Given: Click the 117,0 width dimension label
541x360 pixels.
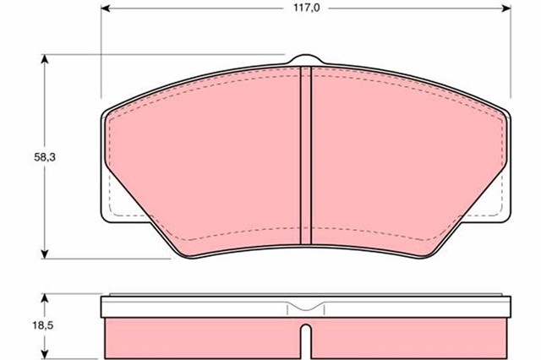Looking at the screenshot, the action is [x=307, y=8].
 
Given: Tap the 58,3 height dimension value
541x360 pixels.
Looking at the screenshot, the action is [x=45, y=157].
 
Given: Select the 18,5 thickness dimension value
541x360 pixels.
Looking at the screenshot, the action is [x=44, y=325].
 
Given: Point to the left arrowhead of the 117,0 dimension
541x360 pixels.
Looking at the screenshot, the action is [x=105, y=8].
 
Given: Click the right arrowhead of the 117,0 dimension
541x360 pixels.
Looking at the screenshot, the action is [x=506, y=8].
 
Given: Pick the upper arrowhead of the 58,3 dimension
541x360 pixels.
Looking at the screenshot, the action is [x=44, y=59].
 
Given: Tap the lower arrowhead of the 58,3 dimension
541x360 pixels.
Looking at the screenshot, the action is [x=44, y=254].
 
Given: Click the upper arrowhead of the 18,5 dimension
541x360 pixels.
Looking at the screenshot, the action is [x=44, y=298].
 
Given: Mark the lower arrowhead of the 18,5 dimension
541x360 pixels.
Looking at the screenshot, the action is [x=44, y=354].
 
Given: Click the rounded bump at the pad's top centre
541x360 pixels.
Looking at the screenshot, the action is [x=306, y=59].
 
